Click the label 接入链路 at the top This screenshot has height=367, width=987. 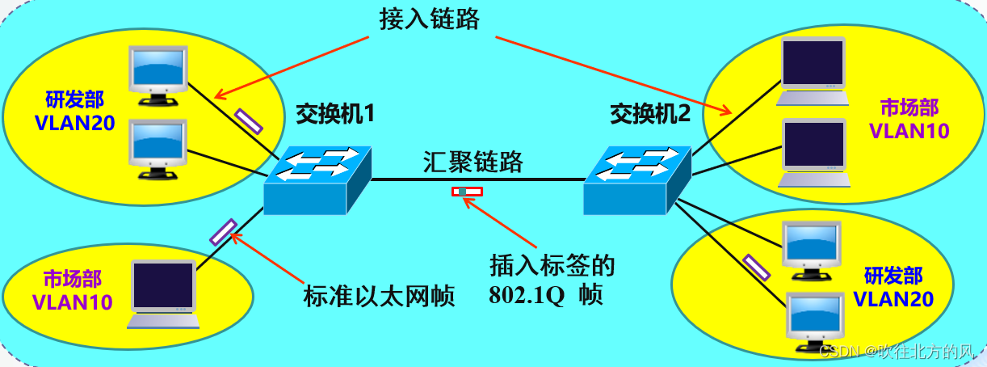[x=429, y=19]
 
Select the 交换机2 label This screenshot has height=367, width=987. [x=650, y=114]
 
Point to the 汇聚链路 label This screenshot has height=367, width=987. [x=473, y=162]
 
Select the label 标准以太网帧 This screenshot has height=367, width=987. [x=380, y=295]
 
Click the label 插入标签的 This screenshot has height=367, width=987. [x=553, y=265]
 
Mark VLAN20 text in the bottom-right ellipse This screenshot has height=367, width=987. [x=893, y=299]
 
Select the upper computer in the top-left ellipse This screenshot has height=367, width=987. [x=159, y=74]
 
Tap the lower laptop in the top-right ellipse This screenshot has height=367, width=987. [x=813, y=154]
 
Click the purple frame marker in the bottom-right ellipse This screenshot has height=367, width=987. [x=757, y=267]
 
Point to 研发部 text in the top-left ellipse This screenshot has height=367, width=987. [x=74, y=100]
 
